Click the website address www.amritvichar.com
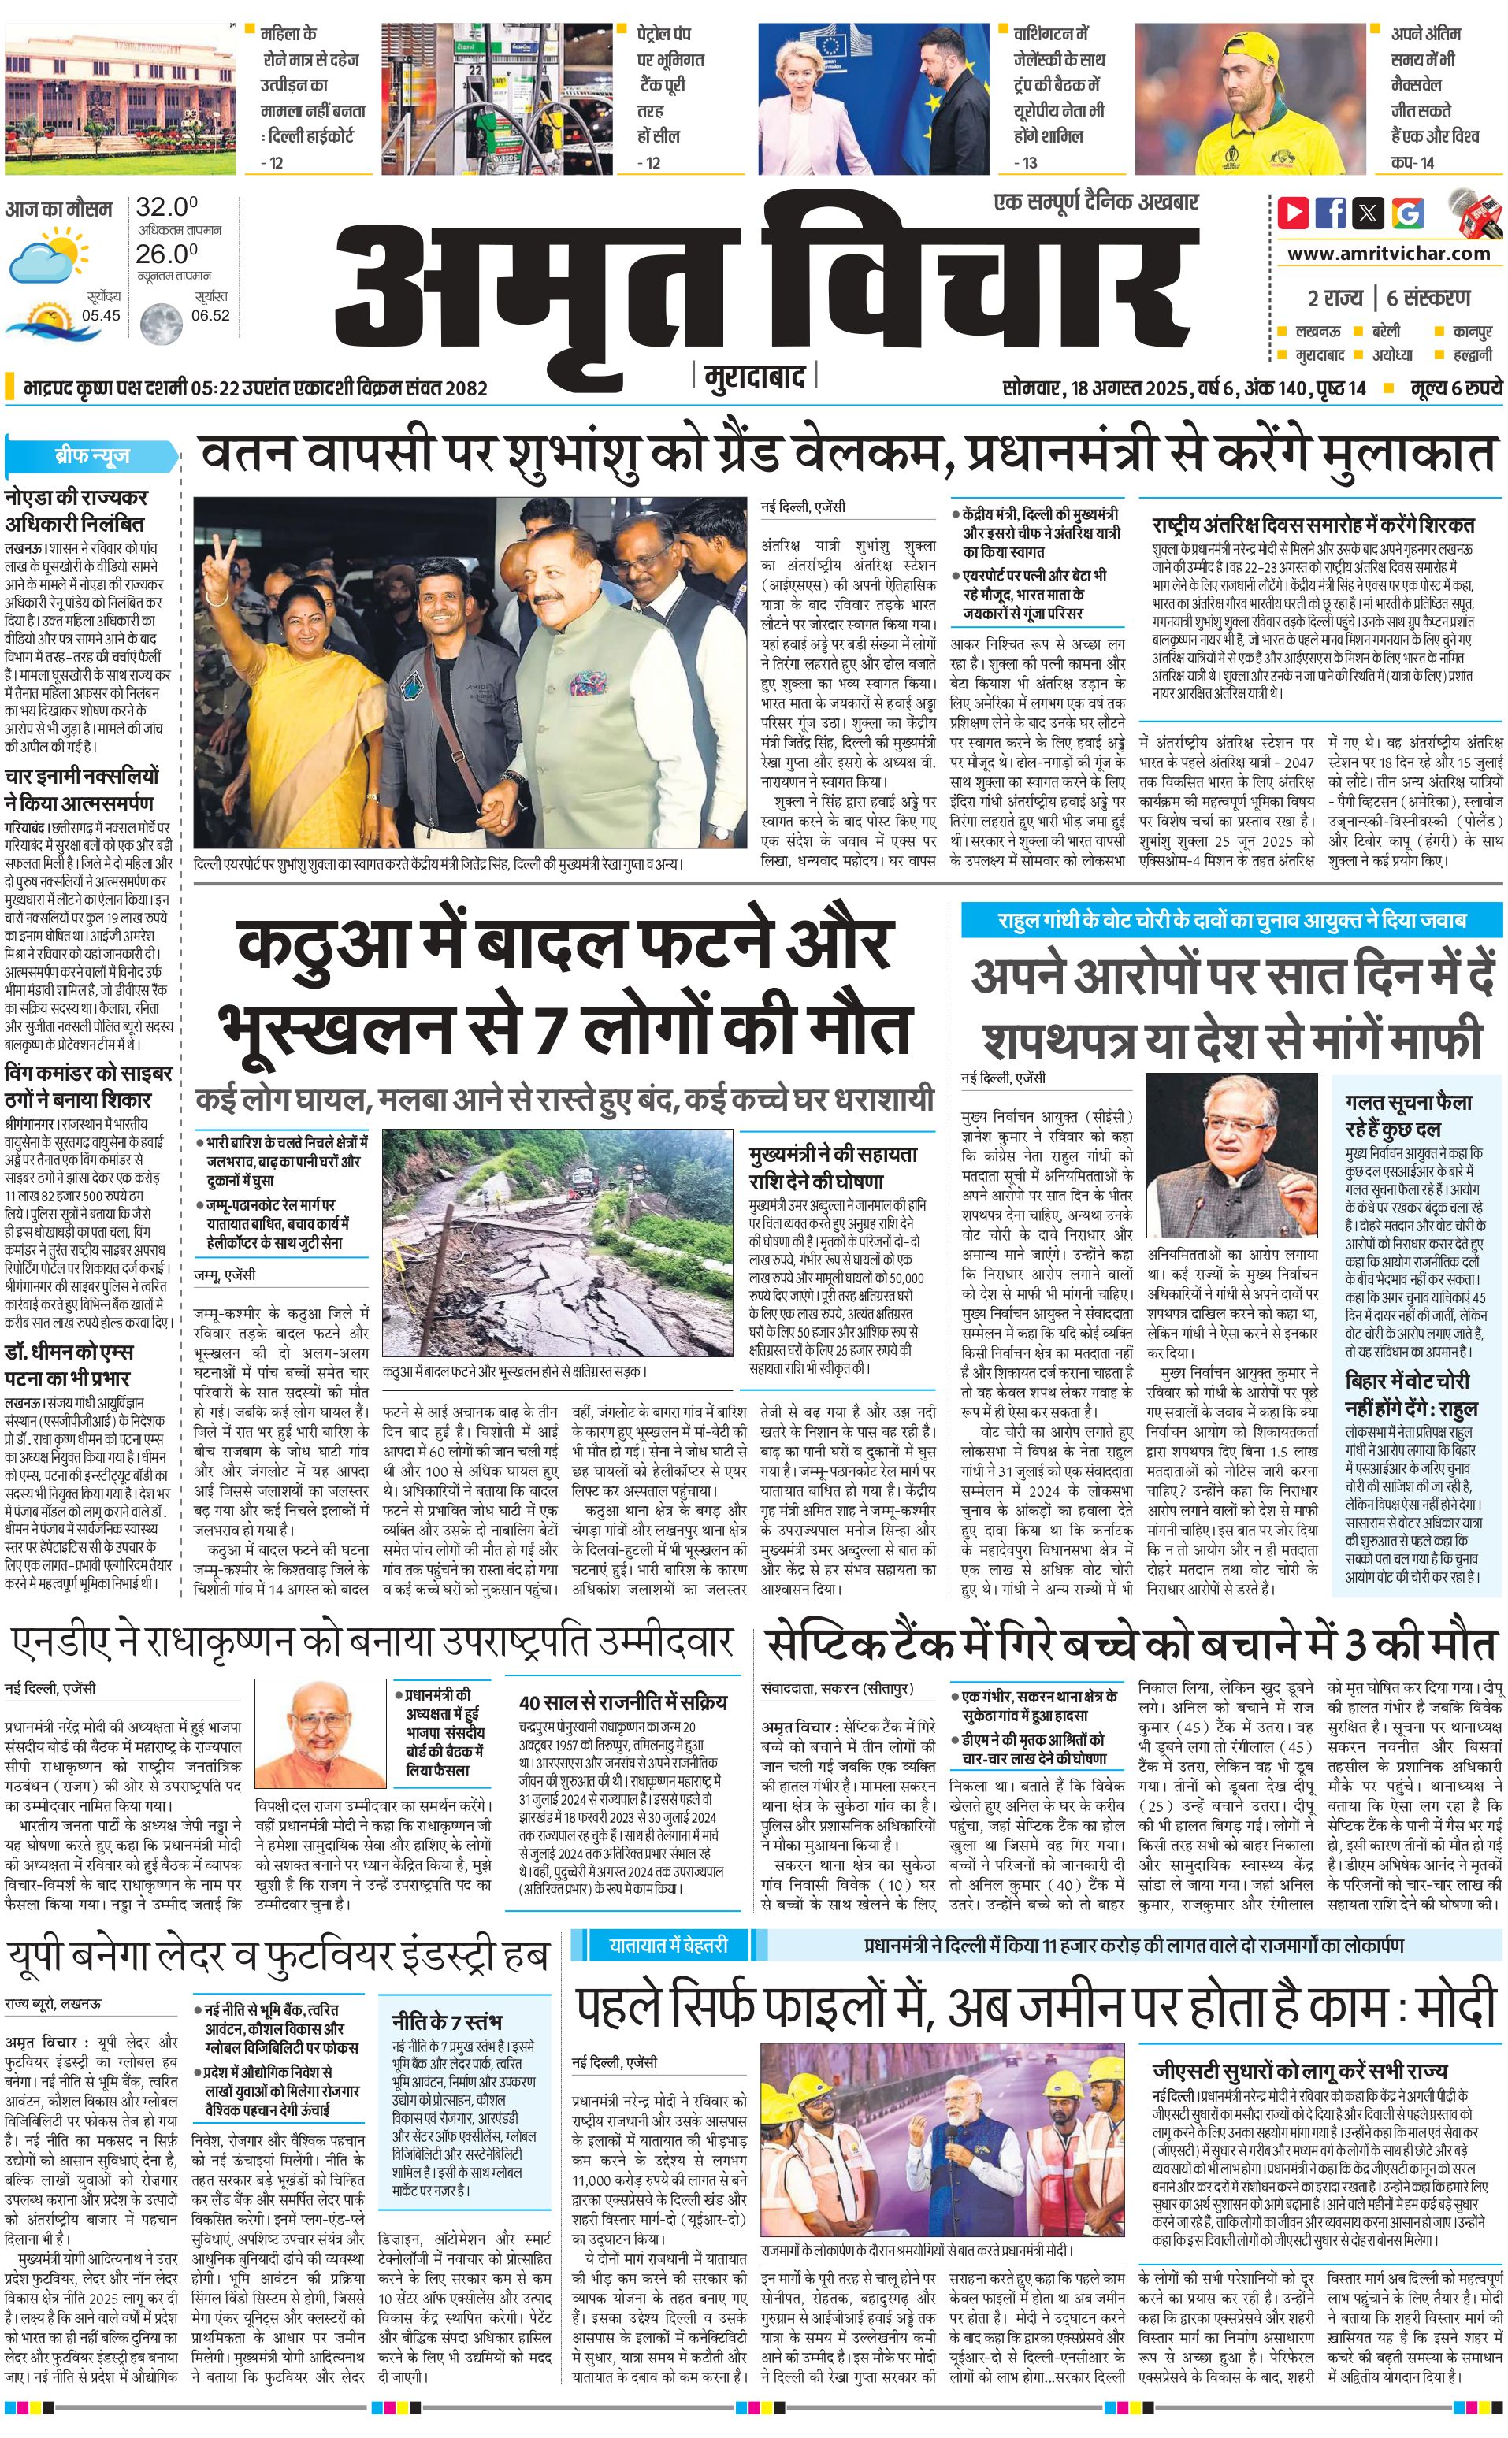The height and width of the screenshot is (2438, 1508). [x=1388, y=254]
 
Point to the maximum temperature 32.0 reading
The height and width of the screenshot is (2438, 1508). [x=166, y=207]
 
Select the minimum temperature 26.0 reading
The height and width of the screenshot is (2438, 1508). [x=166, y=254]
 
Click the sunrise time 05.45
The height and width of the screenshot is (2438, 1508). [x=101, y=315]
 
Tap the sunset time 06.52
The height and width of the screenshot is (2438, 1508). [x=210, y=315]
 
